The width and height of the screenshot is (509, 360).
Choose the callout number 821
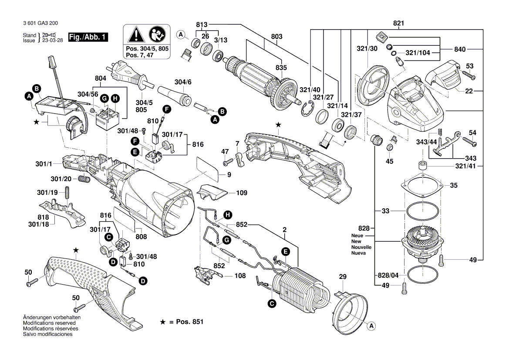click(398, 23)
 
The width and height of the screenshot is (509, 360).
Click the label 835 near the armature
click(281, 68)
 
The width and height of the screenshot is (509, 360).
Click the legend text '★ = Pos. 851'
click(182, 322)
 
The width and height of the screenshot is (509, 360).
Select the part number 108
click(239, 276)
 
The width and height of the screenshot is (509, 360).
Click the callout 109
click(242, 192)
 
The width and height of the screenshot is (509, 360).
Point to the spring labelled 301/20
click(85, 179)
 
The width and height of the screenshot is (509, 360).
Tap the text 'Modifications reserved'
click(48, 323)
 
